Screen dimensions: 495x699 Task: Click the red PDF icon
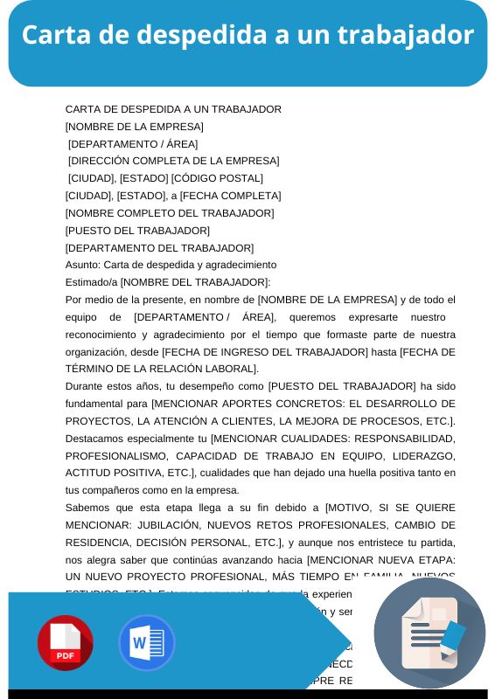(x=65, y=643)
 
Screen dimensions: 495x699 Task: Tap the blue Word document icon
(x=146, y=643)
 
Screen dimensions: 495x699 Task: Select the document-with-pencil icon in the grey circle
(x=429, y=633)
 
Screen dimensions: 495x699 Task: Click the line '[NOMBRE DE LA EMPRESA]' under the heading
(x=135, y=127)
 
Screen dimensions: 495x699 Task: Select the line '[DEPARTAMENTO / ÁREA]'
(x=133, y=144)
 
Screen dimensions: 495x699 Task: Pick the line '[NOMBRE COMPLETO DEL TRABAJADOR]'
(x=170, y=213)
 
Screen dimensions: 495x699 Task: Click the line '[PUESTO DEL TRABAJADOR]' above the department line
(x=137, y=231)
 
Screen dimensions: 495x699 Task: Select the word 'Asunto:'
(x=83, y=265)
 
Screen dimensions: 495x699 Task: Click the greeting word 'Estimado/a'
(x=92, y=282)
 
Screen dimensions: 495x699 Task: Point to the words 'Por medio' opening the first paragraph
(x=90, y=300)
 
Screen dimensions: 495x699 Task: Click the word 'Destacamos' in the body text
(x=95, y=438)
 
